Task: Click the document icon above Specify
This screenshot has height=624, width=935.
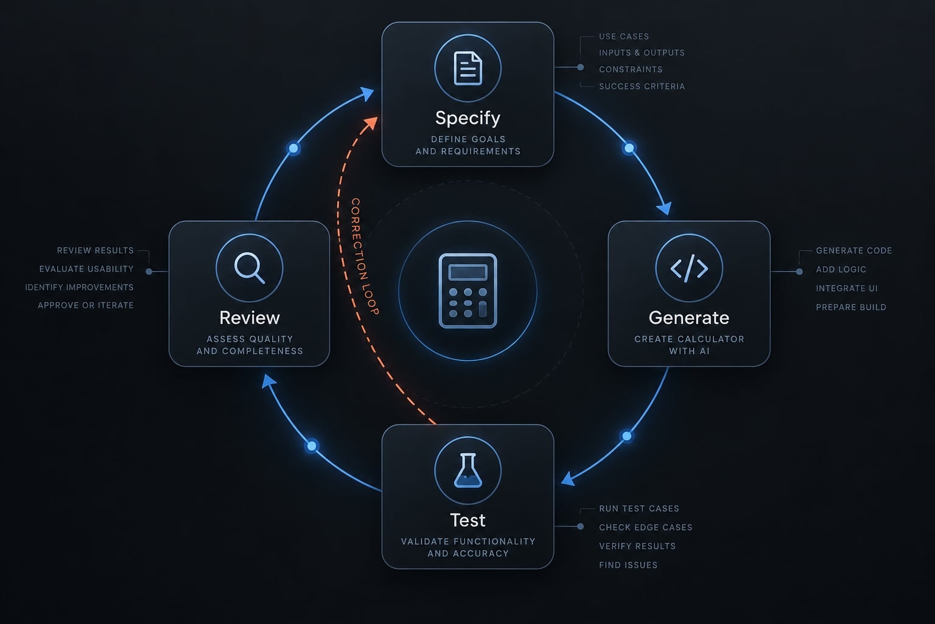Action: tap(467, 68)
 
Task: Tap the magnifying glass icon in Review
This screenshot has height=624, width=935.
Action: tap(250, 268)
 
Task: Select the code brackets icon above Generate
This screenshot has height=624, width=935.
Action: tap(688, 268)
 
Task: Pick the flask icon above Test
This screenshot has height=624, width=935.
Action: tap(467, 470)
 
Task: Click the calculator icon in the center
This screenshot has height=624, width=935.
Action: tap(467, 291)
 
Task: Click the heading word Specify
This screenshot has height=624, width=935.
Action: tap(467, 118)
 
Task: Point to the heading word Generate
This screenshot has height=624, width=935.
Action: tap(688, 317)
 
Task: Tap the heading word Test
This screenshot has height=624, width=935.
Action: tap(467, 520)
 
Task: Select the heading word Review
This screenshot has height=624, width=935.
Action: tap(250, 317)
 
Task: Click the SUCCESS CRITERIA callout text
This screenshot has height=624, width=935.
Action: tap(642, 87)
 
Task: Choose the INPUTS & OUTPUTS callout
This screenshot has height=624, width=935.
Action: tap(642, 52)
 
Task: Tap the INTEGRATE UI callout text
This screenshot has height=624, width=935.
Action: tap(847, 288)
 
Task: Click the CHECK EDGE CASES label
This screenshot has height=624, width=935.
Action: tap(645, 528)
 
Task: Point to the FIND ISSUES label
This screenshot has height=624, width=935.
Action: tap(628, 565)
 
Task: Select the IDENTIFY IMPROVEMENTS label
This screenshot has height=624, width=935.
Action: tap(79, 287)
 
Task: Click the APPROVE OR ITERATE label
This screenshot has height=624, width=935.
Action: tap(86, 305)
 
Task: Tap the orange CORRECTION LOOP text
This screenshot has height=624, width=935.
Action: tap(364, 256)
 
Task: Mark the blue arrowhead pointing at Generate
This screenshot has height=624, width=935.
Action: tap(665, 208)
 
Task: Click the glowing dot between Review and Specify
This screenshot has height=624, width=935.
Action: tap(293, 148)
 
